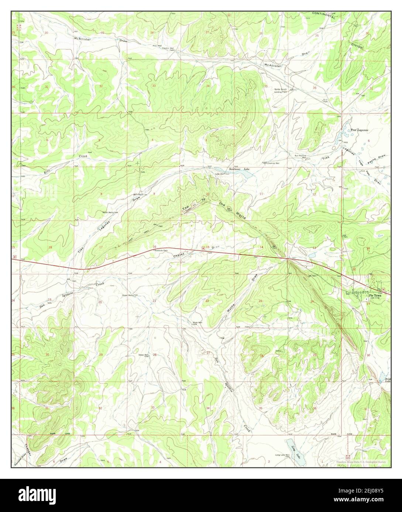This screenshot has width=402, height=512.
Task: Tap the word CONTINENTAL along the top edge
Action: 323,15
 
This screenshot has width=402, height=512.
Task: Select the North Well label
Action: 110,212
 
